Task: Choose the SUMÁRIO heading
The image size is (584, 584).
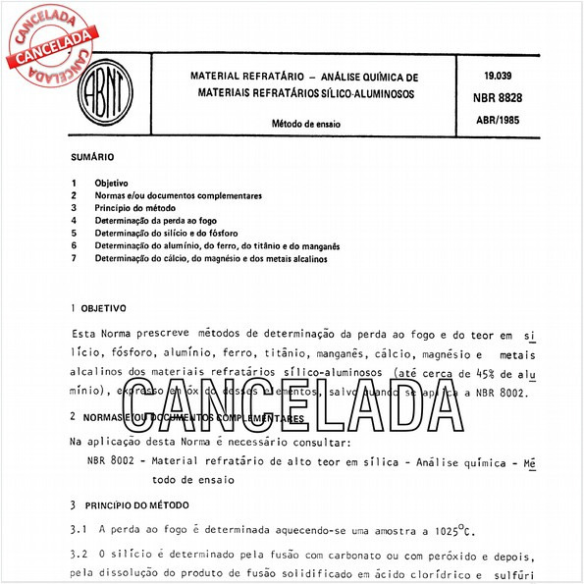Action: (x=92, y=157)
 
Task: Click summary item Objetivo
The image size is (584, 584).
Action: (x=111, y=184)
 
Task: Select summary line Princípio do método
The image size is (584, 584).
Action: (x=134, y=209)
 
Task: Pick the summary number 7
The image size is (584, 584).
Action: (x=74, y=259)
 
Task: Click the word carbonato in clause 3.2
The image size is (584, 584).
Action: (x=352, y=555)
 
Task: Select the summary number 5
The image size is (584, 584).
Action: (x=74, y=235)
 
